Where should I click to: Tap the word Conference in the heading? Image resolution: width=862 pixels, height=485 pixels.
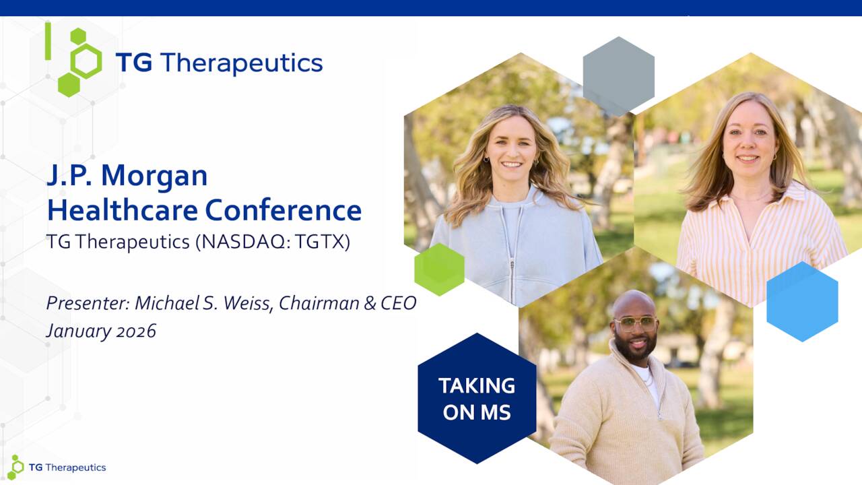click(284, 210)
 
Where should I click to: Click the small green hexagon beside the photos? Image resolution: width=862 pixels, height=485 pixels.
click(439, 269)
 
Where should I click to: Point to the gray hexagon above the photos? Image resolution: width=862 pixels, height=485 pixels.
click(618, 76)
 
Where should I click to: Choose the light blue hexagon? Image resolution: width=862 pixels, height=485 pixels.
click(802, 301)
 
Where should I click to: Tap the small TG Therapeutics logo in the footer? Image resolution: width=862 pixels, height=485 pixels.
click(57, 467)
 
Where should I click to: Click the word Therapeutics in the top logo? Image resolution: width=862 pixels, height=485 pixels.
click(241, 63)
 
